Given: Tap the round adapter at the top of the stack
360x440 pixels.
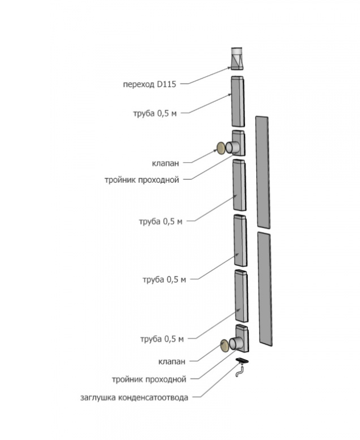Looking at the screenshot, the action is [237, 58].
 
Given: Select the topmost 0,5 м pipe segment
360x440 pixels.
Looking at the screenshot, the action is [238, 101].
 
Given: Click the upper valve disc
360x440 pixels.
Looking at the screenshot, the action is [220, 149].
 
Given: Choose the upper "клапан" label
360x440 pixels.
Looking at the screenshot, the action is [167, 163].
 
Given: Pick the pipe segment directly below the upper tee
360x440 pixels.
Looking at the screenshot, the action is [239, 186].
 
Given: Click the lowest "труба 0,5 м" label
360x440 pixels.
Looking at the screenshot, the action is [162, 339].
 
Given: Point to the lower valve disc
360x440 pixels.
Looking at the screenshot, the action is [224, 345].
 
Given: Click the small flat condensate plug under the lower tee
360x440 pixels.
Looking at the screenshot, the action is [242, 360].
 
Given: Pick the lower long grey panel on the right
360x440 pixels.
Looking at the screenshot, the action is [264, 288].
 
